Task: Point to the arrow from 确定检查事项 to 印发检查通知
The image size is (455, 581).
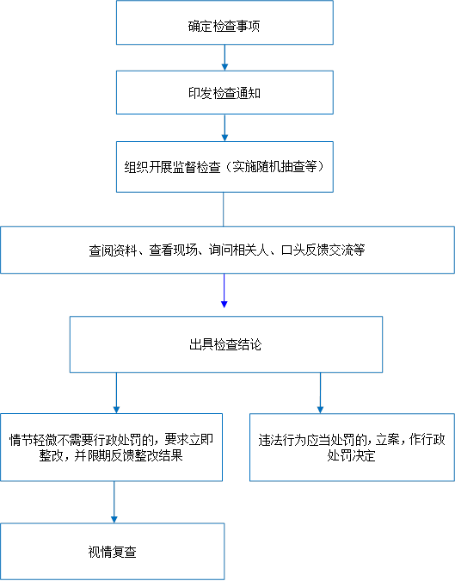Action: (224, 58)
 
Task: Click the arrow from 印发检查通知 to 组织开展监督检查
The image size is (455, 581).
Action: (224, 128)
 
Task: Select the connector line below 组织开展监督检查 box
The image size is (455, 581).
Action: (224, 209)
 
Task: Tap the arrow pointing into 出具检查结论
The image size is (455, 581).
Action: (224, 291)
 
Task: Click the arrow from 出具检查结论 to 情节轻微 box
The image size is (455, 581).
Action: (116, 392)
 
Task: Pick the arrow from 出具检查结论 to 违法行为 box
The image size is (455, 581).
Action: (320, 392)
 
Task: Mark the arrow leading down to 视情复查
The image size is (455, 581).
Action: (114, 502)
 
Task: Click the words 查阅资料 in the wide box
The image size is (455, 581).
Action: (113, 250)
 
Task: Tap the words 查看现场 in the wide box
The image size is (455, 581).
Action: (173, 250)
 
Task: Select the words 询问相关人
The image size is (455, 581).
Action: (238, 250)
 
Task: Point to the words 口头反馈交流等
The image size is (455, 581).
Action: (323, 250)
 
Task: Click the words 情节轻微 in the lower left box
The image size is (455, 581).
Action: (33, 440)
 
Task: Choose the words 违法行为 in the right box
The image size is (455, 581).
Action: (282, 440)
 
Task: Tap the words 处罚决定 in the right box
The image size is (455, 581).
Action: (351, 455)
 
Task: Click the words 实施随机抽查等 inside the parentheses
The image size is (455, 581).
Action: (274, 167)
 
